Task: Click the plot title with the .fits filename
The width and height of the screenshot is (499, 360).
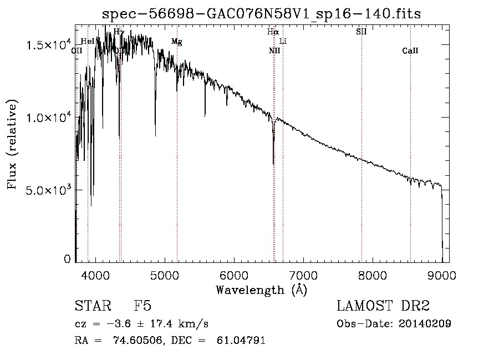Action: [x=262, y=14]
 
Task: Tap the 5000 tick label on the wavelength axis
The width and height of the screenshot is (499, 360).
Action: [x=165, y=276]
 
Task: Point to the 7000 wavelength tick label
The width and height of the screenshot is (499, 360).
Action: [x=303, y=276]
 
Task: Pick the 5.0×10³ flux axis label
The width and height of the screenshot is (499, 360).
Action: [x=48, y=190]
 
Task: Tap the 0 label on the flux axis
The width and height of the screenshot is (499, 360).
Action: [x=68, y=258]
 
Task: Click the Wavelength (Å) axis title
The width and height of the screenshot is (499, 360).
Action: [x=261, y=290]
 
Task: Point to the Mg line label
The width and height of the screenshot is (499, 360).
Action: [x=176, y=42]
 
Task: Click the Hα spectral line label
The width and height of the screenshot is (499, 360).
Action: [x=272, y=32]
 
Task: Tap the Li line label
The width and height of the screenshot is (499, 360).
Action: [x=283, y=42]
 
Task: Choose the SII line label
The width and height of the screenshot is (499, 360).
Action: [x=361, y=32]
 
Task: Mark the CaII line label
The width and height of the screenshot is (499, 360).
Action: [x=410, y=51]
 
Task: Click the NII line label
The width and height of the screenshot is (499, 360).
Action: [x=274, y=51]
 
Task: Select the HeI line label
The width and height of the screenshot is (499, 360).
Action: [x=88, y=42]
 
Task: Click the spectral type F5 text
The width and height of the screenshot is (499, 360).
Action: [x=142, y=306]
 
